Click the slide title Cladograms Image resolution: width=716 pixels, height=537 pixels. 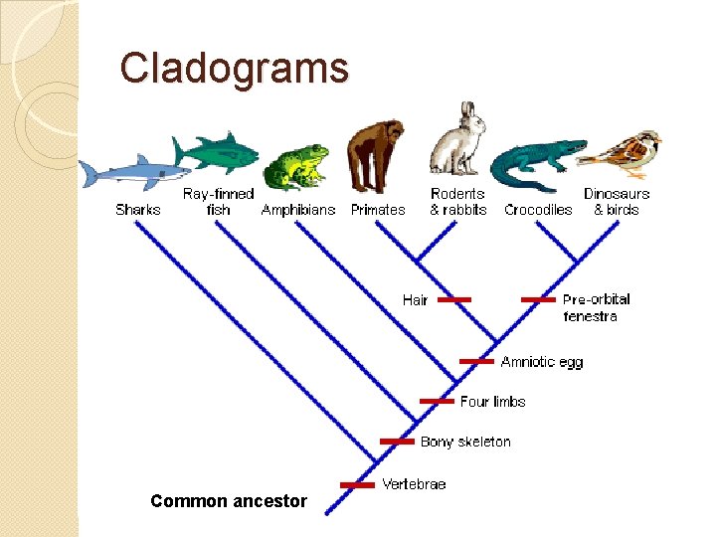coord(235,69)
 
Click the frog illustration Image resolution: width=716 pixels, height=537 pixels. coord(297,167)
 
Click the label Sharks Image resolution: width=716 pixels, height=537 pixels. coord(137,210)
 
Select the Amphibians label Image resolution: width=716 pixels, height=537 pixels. coord(298,210)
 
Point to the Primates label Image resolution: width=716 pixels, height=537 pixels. coord(378,210)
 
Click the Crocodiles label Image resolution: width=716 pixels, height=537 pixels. coord(538,210)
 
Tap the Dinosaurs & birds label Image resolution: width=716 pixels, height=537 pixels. coord(617,202)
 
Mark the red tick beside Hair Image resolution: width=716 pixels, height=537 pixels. coord(454,299)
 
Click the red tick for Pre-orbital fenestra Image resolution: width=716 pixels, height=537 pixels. coord(538,299)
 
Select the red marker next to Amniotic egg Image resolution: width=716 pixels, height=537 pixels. coord(476,361)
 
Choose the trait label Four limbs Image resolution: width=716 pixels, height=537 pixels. coord(492,402)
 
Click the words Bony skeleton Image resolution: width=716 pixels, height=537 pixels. coord(464,442)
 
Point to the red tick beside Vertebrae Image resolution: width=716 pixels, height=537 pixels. coord(358,485)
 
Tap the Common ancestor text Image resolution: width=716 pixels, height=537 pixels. coord(229,501)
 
